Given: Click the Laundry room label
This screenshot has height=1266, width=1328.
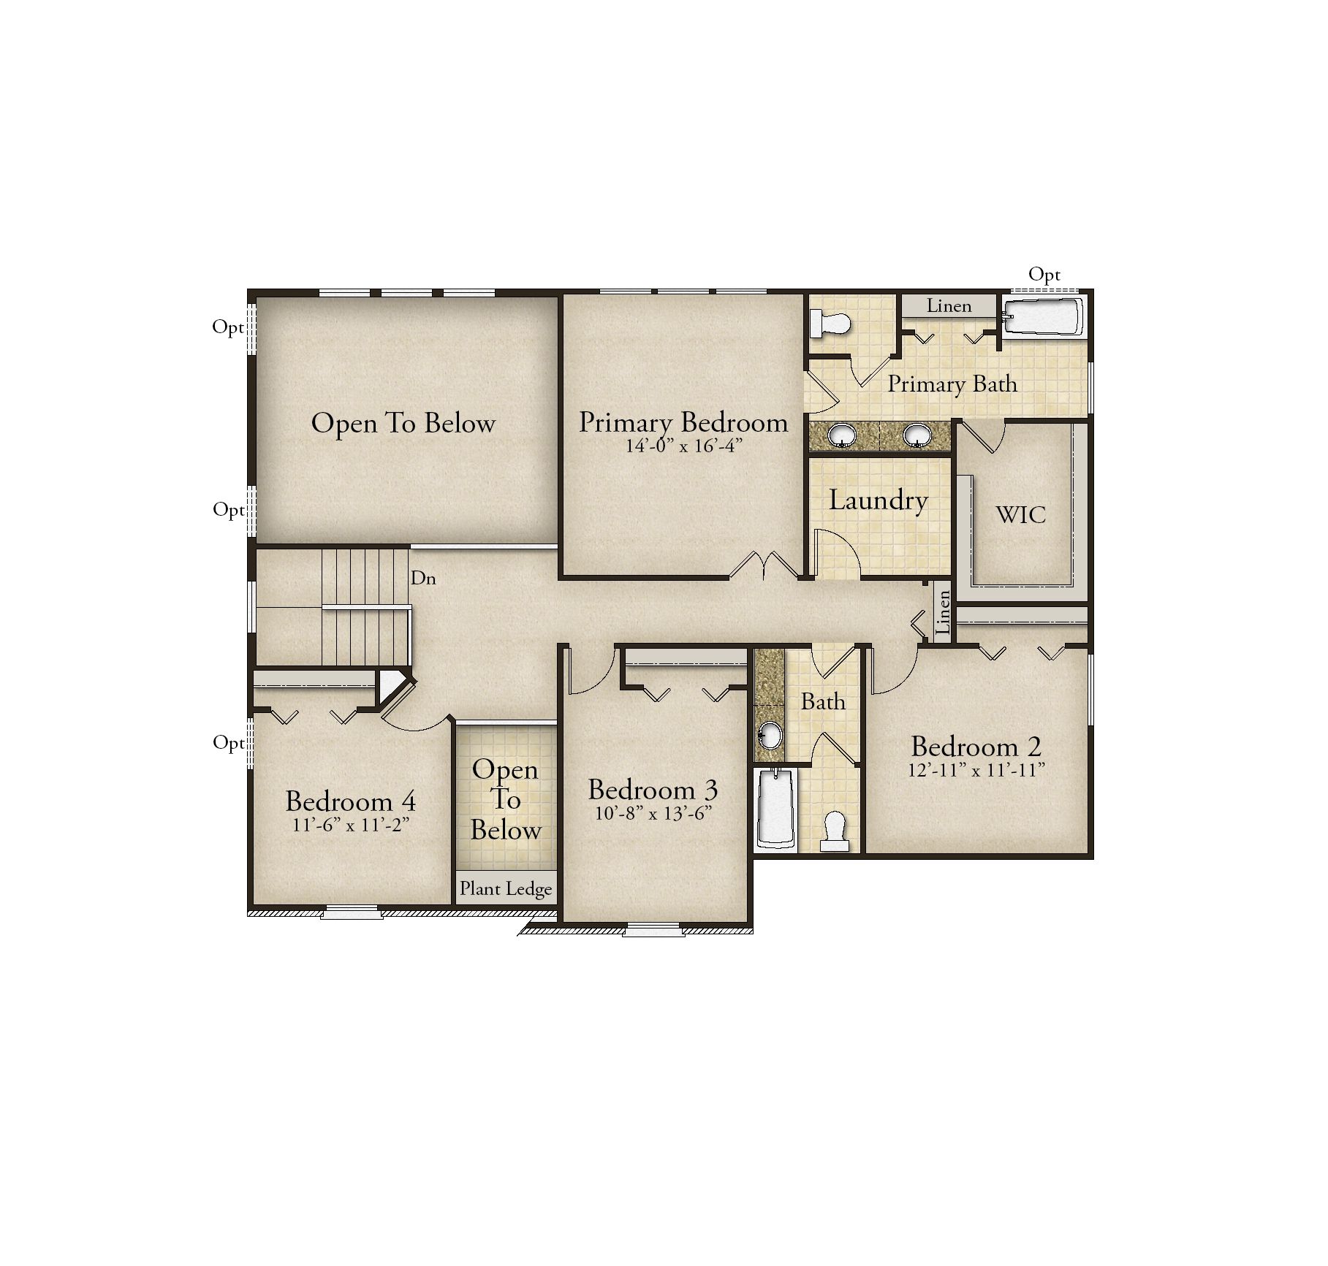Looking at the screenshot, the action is click(879, 501).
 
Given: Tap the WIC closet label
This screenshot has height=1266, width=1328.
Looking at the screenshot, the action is click(1021, 515).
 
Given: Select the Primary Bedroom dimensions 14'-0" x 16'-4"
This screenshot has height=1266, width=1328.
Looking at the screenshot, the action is click(684, 446).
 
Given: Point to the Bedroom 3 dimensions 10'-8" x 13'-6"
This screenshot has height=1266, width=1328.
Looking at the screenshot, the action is click(653, 814).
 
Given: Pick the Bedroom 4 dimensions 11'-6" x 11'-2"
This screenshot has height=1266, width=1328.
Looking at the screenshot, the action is click(351, 825).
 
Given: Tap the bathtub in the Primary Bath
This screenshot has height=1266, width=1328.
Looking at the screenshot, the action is click(1043, 317).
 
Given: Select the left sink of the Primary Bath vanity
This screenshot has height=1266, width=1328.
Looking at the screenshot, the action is click(842, 435).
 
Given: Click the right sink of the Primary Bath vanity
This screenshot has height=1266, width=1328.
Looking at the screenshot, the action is click(917, 435).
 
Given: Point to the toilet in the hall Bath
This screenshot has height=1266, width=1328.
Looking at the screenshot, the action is click(835, 832).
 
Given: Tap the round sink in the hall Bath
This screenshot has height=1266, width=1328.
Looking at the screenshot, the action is click(769, 735).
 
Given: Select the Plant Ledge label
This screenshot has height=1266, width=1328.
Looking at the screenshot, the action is click(506, 889).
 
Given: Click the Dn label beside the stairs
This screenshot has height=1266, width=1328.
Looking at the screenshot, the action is click(423, 579).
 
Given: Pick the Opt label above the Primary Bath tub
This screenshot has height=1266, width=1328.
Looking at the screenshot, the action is click(1044, 275).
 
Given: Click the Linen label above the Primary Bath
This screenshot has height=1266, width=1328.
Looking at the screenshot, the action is click(949, 306).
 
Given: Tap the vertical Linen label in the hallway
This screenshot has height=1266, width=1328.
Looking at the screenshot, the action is click(944, 613).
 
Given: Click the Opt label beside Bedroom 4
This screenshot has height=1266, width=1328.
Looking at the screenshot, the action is click(228, 744).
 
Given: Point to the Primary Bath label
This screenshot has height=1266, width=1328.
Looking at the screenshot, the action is click(952, 384).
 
